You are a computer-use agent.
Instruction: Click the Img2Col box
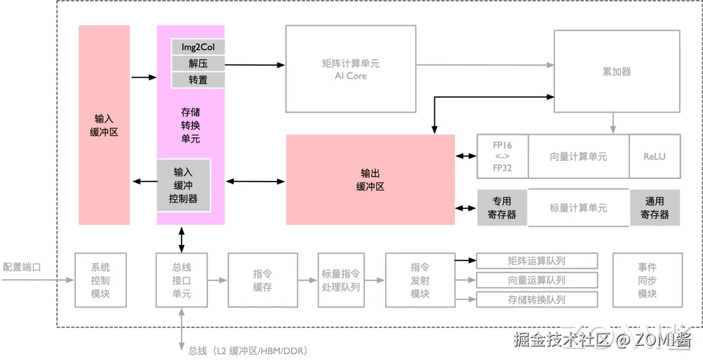[x=198, y=47]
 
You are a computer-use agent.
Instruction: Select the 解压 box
[x=198, y=64]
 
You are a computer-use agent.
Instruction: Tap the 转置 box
[x=198, y=80]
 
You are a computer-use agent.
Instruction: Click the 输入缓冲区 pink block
[x=104, y=125]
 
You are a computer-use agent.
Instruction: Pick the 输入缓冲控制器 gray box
[x=183, y=186]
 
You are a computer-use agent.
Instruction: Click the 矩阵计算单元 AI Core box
[x=351, y=69]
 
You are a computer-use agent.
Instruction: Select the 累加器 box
[x=616, y=72]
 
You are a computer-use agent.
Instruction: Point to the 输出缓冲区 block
[x=370, y=180]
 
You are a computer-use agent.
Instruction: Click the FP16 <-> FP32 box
[x=502, y=156]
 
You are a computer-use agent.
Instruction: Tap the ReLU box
[x=654, y=156]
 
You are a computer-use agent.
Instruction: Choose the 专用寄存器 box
[x=502, y=208]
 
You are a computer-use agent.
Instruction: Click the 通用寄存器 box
[x=654, y=208]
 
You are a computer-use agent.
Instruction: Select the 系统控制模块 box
[x=100, y=281]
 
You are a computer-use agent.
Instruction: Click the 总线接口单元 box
[x=182, y=281]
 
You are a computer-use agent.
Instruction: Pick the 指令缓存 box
[x=262, y=281]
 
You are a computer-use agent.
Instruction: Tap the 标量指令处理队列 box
[x=340, y=281]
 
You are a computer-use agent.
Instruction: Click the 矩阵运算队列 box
[x=537, y=261]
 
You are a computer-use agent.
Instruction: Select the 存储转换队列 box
[x=537, y=300]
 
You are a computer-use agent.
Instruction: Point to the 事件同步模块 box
[x=648, y=281]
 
